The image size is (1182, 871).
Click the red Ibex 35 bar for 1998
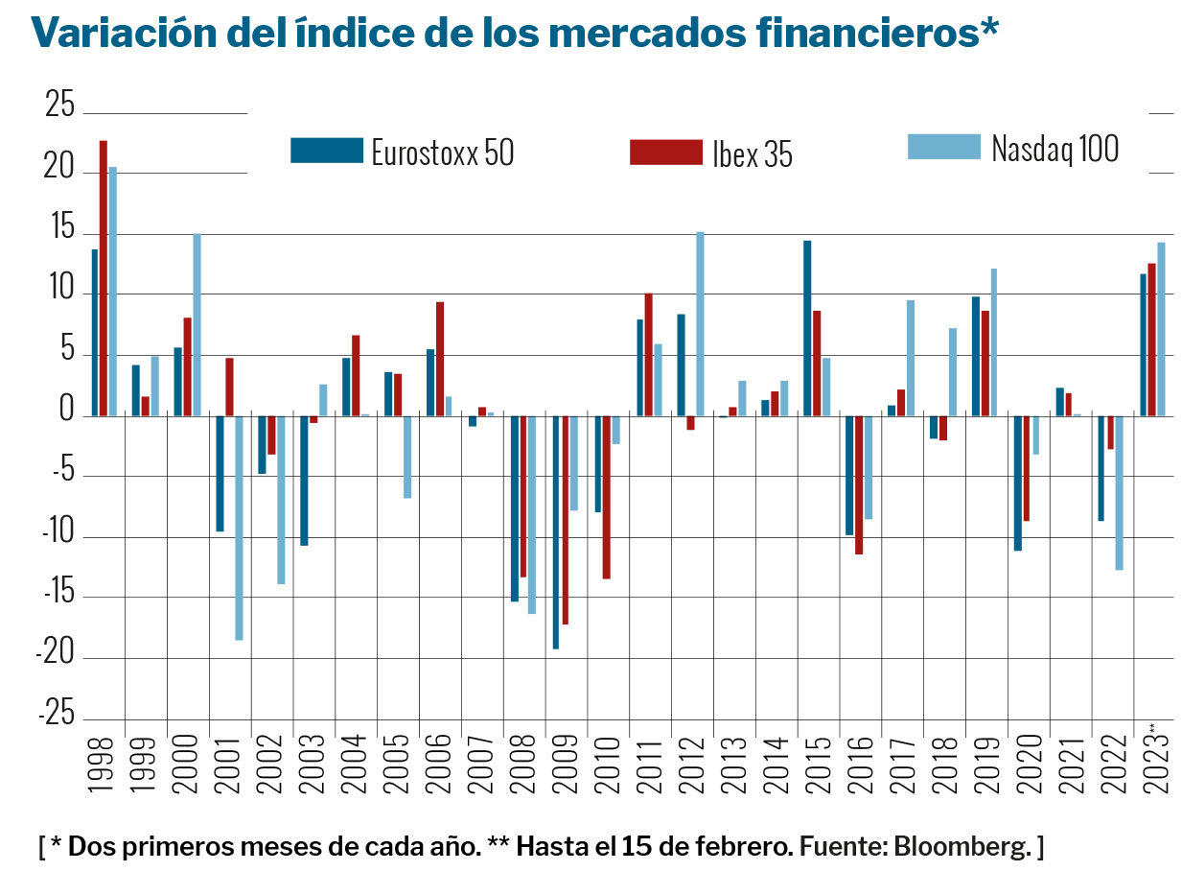tap(103, 278)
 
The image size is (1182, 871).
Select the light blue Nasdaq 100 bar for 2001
tap(239, 528)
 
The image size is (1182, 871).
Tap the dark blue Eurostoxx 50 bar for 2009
tap(555, 532)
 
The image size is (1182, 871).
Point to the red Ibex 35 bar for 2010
tap(606, 497)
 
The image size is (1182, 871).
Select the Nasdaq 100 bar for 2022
tap(1119, 493)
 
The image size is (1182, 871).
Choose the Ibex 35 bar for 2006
tap(439, 359)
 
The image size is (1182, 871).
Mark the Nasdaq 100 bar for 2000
tap(197, 324)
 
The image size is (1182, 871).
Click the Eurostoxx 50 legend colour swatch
tap(327, 151)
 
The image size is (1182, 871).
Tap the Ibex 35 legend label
tap(752, 153)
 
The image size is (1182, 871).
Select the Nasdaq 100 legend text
tap(1055, 149)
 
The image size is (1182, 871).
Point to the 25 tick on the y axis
tap(59, 106)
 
